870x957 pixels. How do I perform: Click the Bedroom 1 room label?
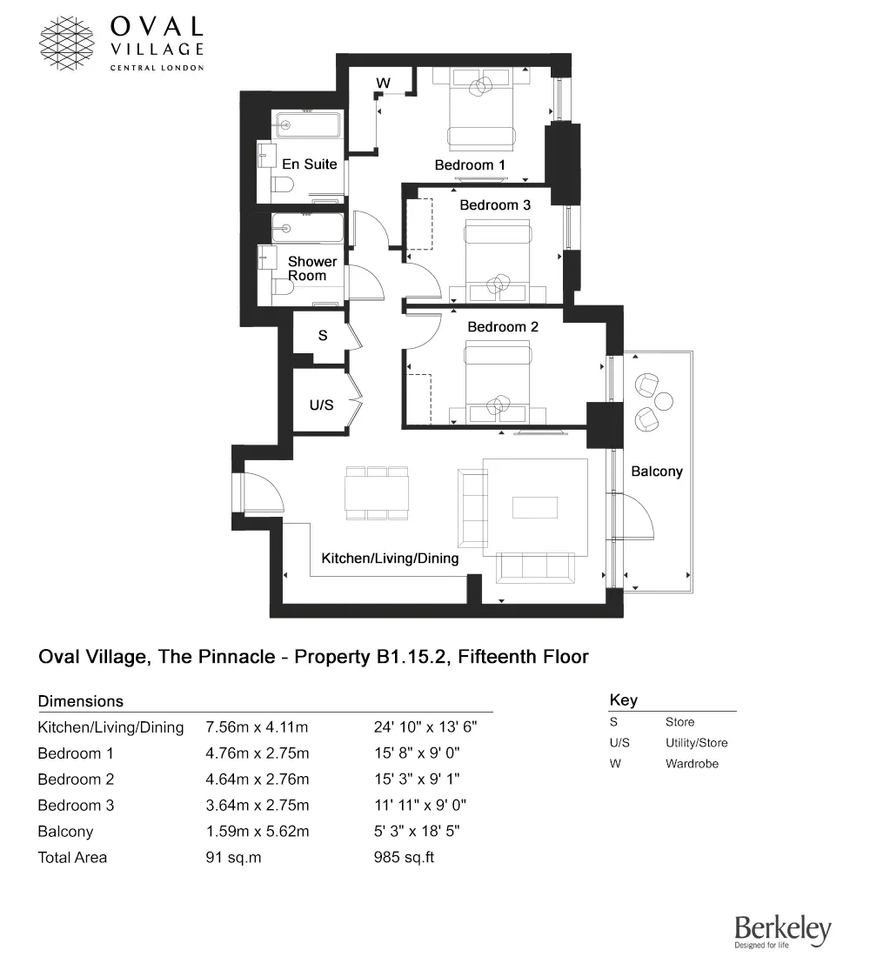(x=470, y=164)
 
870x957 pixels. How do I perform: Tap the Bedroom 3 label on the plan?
(x=494, y=205)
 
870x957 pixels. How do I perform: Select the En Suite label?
(x=309, y=164)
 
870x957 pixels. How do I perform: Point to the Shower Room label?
(x=312, y=268)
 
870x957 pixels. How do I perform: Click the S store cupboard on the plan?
(x=322, y=335)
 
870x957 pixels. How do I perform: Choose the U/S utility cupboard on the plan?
(x=322, y=405)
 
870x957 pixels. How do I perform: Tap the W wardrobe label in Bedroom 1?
(x=382, y=84)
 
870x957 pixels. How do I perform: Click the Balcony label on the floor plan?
(x=657, y=472)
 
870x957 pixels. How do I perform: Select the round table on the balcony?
(x=664, y=401)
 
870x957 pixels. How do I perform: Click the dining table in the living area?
(x=377, y=493)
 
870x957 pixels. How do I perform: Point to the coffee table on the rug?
(x=534, y=506)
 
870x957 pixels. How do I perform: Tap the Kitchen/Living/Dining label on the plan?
(x=390, y=558)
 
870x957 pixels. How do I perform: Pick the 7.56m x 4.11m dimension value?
(x=258, y=727)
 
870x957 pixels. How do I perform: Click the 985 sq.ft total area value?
(x=404, y=858)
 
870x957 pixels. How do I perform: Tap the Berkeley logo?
(x=782, y=932)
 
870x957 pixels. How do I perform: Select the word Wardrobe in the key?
(x=692, y=764)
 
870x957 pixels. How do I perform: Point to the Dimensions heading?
(x=81, y=701)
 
